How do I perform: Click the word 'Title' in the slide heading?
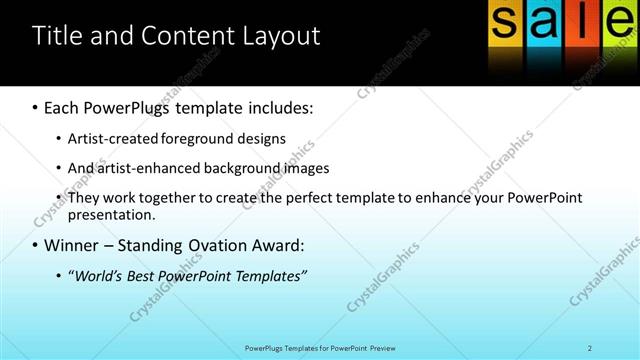54,37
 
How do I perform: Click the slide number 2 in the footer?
590,347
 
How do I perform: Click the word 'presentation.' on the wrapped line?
112,214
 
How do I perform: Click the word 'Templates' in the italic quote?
269,275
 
